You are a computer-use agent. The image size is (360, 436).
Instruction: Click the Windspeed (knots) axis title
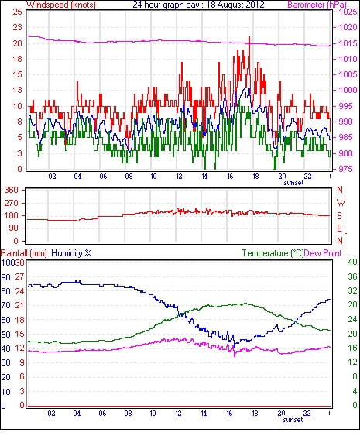(61, 5)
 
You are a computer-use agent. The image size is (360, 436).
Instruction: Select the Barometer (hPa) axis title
(317, 5)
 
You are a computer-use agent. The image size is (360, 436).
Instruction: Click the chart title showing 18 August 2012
(198, 5)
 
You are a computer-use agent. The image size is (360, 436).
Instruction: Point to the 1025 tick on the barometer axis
(348, 12)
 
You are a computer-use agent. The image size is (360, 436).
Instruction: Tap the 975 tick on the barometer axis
(346, 169)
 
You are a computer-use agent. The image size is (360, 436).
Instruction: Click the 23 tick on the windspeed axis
(17, 28)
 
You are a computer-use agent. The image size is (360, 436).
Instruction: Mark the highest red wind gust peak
(249, 37)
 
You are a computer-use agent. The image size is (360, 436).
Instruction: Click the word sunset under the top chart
(293, 183)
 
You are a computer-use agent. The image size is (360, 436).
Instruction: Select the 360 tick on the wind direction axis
(12, 191)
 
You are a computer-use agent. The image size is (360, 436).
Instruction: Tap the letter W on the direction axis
(341, 203)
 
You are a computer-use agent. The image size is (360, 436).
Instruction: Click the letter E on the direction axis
(339, 228)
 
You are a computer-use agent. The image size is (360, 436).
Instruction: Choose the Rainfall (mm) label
(24, 253)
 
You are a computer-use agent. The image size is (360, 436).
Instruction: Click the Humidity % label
(71, 253)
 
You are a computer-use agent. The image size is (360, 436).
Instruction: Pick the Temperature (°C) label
(273, 253)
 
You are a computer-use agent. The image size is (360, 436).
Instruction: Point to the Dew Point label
(323, 253)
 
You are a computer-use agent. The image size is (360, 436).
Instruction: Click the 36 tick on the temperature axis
(352, 276)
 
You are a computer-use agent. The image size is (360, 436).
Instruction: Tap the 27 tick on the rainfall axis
(19, 277)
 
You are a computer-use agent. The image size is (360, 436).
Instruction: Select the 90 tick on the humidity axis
(6, 277)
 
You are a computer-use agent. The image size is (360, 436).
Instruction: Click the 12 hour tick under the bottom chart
(178, 414)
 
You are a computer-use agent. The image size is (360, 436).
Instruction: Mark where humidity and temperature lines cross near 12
(180, 314)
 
